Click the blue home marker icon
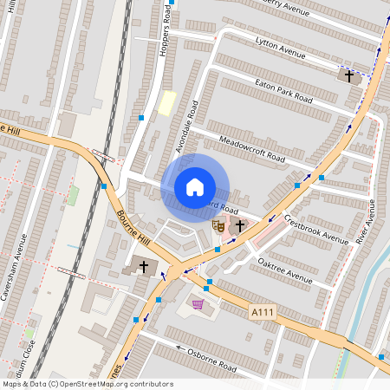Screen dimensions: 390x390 coord(195,186)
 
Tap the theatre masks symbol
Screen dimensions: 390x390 coord(218,225)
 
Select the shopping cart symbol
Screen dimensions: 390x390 coord(198,304)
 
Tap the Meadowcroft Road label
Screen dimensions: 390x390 coord(252,146)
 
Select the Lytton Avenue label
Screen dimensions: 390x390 coord(282,49)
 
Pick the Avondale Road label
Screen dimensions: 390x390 coord(188,127)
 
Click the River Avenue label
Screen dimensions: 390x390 coord(369,221)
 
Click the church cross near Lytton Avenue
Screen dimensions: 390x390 coord(350,76)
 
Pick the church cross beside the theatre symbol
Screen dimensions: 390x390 coord(239,225)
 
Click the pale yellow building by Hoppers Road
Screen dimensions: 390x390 coord(166,103)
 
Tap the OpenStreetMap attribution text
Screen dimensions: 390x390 coord(88,384)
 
